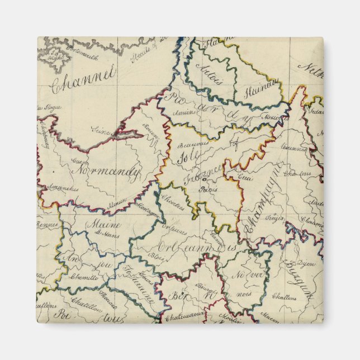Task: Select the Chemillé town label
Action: [x=84, y=278]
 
